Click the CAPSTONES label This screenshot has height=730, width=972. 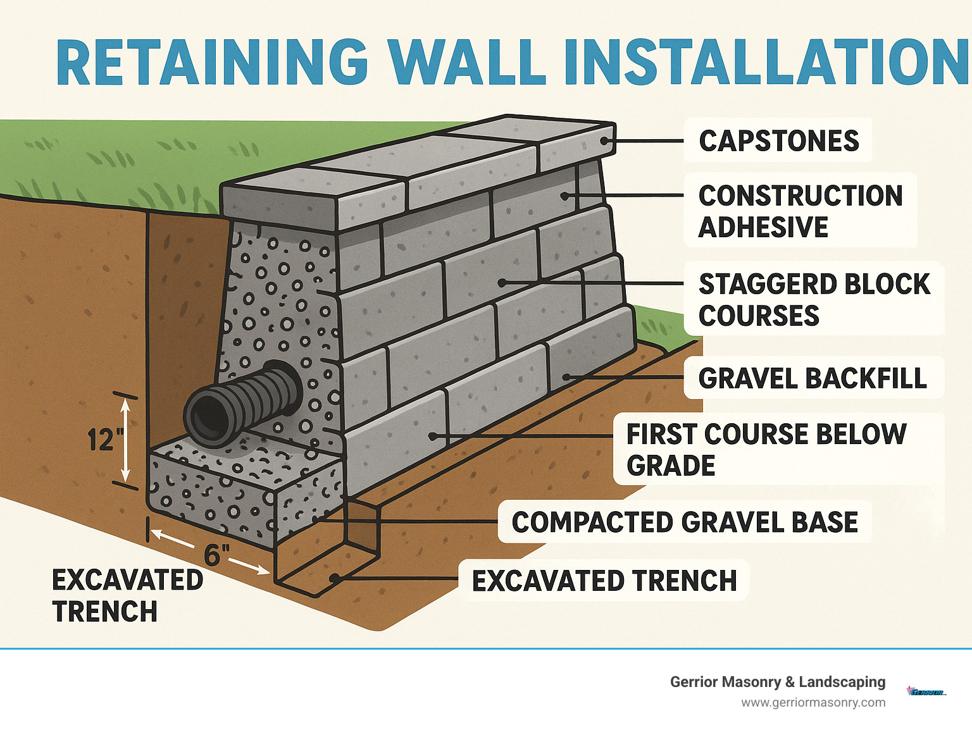click(778, 140)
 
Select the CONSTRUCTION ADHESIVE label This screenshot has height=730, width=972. click(800, 211)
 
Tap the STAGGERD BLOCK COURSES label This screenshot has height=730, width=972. click(814, 300)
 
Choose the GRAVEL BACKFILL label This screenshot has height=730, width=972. click(813, 378)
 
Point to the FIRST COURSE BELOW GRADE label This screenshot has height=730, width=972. click(766, 450)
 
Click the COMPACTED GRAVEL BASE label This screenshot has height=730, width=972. click(685, 523)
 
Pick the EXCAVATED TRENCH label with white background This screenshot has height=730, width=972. click(604, 581)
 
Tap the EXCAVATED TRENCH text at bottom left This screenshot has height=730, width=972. click(127, 595)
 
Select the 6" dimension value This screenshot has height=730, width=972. click(216, 555)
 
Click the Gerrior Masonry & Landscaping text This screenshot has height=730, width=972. click(777, 682)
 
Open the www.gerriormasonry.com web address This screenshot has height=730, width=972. click(813, 702)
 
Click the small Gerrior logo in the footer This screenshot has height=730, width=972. click(926, 691)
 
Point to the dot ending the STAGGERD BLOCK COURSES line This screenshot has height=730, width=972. click(501, 283)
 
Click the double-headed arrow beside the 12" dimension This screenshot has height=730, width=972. click(125, 441)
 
